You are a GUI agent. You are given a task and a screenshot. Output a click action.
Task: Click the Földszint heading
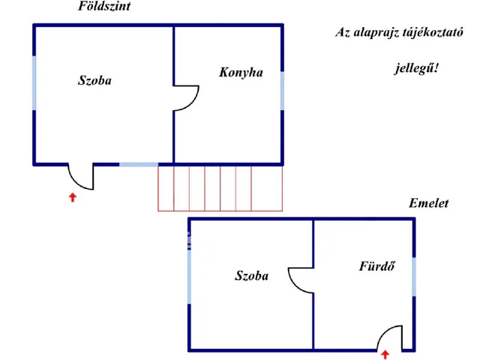(104, 7)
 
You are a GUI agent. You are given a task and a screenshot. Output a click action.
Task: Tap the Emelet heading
(428, 203)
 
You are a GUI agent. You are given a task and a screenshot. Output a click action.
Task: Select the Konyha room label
(241, 73)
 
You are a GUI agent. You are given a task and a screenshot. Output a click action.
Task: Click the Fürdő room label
(376, 266)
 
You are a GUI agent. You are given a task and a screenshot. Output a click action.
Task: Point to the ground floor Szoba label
(94, 80)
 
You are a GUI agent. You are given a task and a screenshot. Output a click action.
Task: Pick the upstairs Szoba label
(252, 275)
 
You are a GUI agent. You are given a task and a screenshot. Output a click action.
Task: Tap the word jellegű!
(416, 68)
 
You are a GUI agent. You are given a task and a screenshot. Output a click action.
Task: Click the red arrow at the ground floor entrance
(73, 197)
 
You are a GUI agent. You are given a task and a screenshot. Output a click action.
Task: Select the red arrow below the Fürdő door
(385, 355)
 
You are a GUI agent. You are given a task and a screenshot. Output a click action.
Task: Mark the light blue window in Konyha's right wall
(282, 91)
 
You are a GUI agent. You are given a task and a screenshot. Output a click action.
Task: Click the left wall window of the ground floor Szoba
(34, 83)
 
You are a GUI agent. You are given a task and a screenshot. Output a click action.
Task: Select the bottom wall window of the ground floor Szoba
(139, 165)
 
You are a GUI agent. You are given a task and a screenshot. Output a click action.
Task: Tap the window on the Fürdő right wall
(414, 277)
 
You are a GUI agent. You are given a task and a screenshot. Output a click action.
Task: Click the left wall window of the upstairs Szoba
(190, 277)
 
